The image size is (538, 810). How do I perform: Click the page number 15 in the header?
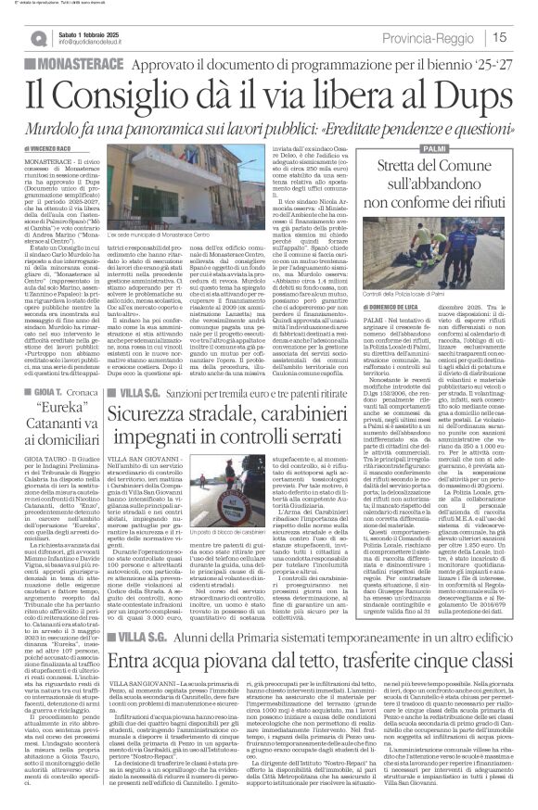523,36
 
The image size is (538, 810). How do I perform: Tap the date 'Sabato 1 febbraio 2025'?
93,32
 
